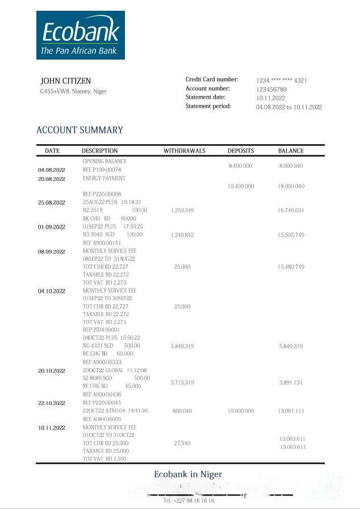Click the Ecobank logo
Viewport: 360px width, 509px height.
pos(80,35)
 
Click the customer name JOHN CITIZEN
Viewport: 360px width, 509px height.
pos(65,81)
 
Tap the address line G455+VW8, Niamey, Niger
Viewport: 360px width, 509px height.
pos(73,91)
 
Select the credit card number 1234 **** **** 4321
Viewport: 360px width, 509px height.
pos(281,81)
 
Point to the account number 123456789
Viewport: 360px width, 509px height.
pos(271,90)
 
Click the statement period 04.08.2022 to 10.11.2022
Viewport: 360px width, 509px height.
pos(288,107)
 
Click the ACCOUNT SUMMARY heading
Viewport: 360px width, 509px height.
pos(79,130)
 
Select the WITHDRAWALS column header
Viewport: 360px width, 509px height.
pos(185,151)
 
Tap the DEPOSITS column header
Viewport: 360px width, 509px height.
pos(241,151)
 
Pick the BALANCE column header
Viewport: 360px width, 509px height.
pos(291,151)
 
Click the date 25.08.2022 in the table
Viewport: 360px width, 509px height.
pos(52,203)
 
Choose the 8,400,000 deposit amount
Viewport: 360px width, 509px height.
pos(240,166)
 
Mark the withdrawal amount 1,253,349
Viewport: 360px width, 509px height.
pos(182,211)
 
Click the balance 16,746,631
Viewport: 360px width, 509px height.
pos(291,211)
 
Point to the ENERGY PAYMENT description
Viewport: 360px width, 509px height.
pos(104,178)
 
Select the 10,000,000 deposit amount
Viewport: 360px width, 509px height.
pos(240,411)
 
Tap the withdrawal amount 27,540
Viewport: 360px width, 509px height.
pos(182,443)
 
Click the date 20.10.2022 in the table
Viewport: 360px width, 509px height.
pos(52,371)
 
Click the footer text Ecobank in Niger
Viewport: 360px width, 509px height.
pos(188,474)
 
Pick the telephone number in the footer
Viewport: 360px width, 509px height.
pos(189,501)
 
